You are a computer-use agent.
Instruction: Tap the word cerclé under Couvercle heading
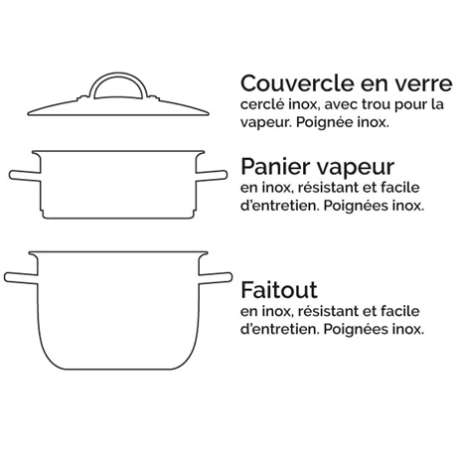click(x=261, y=104)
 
